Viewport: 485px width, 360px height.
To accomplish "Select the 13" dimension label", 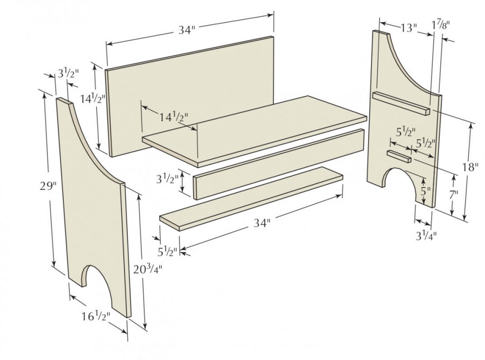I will click(x=406, y=27).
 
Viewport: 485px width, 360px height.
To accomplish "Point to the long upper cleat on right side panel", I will click(x=401, y=103).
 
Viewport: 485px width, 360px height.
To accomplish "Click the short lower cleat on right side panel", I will click(x=399, y=156).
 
